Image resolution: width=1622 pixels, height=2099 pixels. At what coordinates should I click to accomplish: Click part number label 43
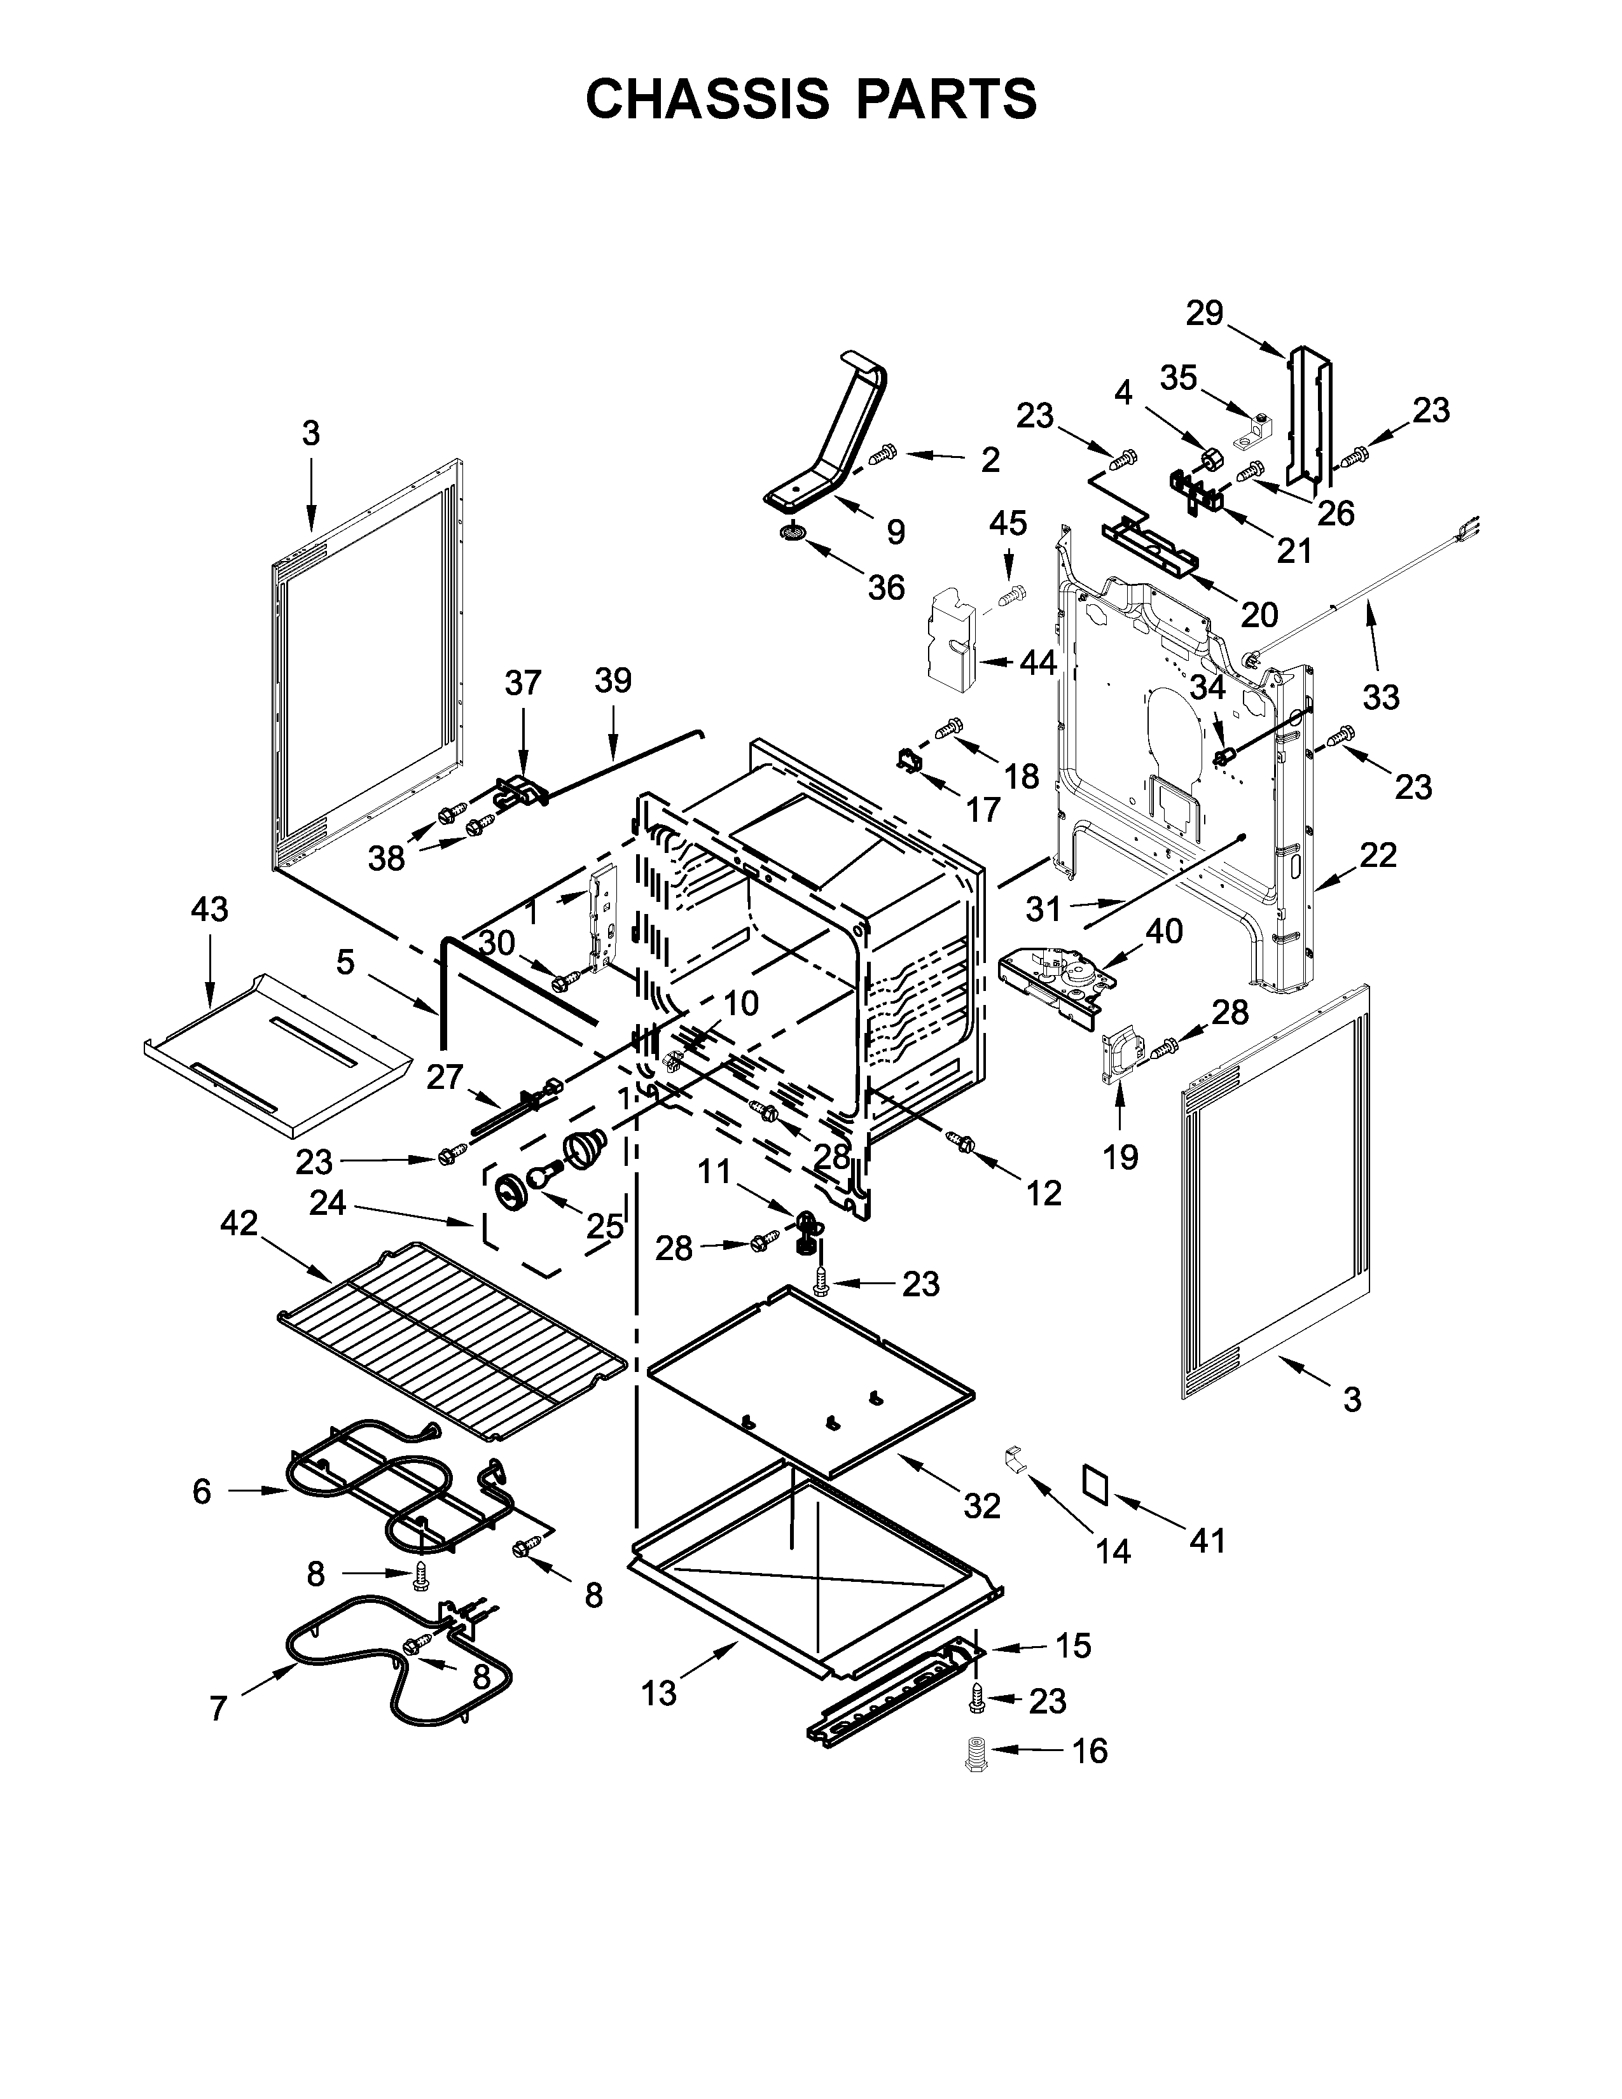point(209,908)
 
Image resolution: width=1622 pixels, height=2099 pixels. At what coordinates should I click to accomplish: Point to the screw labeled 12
point(961,1142)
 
